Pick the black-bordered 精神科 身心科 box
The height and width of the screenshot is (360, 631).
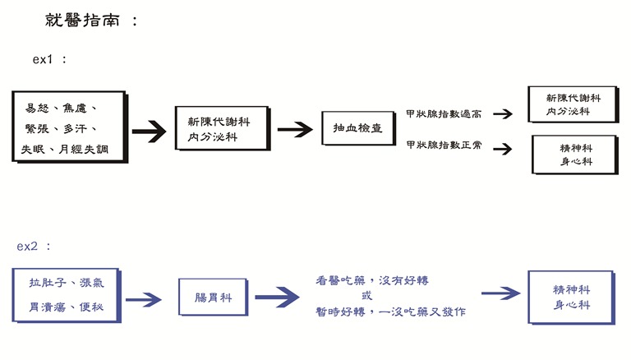click(576, 155)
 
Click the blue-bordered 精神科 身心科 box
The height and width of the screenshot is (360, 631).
click(573, 297)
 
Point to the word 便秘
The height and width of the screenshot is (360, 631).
click(101, 307)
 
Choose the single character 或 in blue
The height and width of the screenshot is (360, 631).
click(366, 295)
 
